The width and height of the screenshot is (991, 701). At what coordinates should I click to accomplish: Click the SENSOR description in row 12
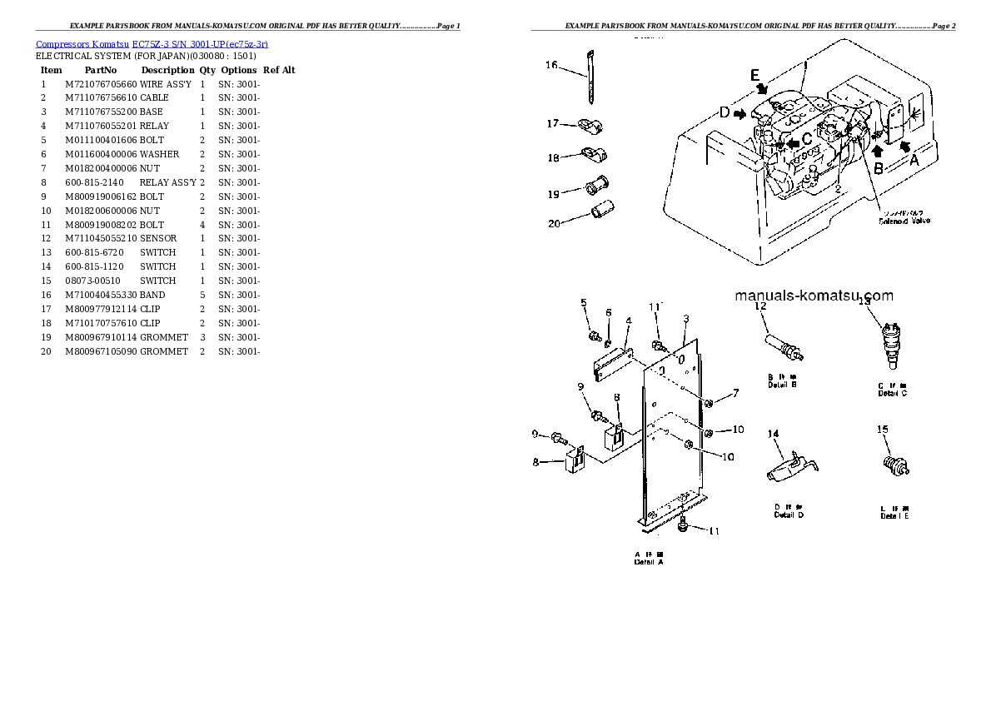click(158, 238)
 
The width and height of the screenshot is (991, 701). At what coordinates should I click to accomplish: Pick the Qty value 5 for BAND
click(202, 295)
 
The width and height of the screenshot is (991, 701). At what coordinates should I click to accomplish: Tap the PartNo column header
click(101, 70)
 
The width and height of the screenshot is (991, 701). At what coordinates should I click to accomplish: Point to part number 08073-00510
click(92, 281)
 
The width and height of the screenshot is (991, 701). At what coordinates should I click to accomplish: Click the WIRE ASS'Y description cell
click(166, 84)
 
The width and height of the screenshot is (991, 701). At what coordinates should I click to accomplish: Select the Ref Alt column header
click(279, 70)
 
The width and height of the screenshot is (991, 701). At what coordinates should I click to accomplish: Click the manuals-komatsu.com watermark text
click(814, 296)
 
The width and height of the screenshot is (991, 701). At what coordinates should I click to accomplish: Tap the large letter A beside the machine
click(914, 162)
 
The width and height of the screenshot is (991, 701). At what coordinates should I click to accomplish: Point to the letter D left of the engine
click(725, 112)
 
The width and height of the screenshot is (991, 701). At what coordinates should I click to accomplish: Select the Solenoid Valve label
click(904, 221)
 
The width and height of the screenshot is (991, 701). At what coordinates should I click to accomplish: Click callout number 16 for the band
click(551, 65)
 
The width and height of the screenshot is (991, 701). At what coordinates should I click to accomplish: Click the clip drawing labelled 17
click(590, 127)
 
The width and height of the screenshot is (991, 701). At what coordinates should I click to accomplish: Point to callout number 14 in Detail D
click(773, 434)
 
